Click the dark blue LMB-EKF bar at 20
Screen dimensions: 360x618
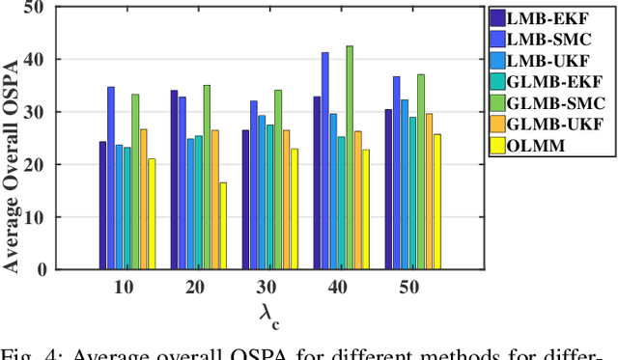pos(175,180)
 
